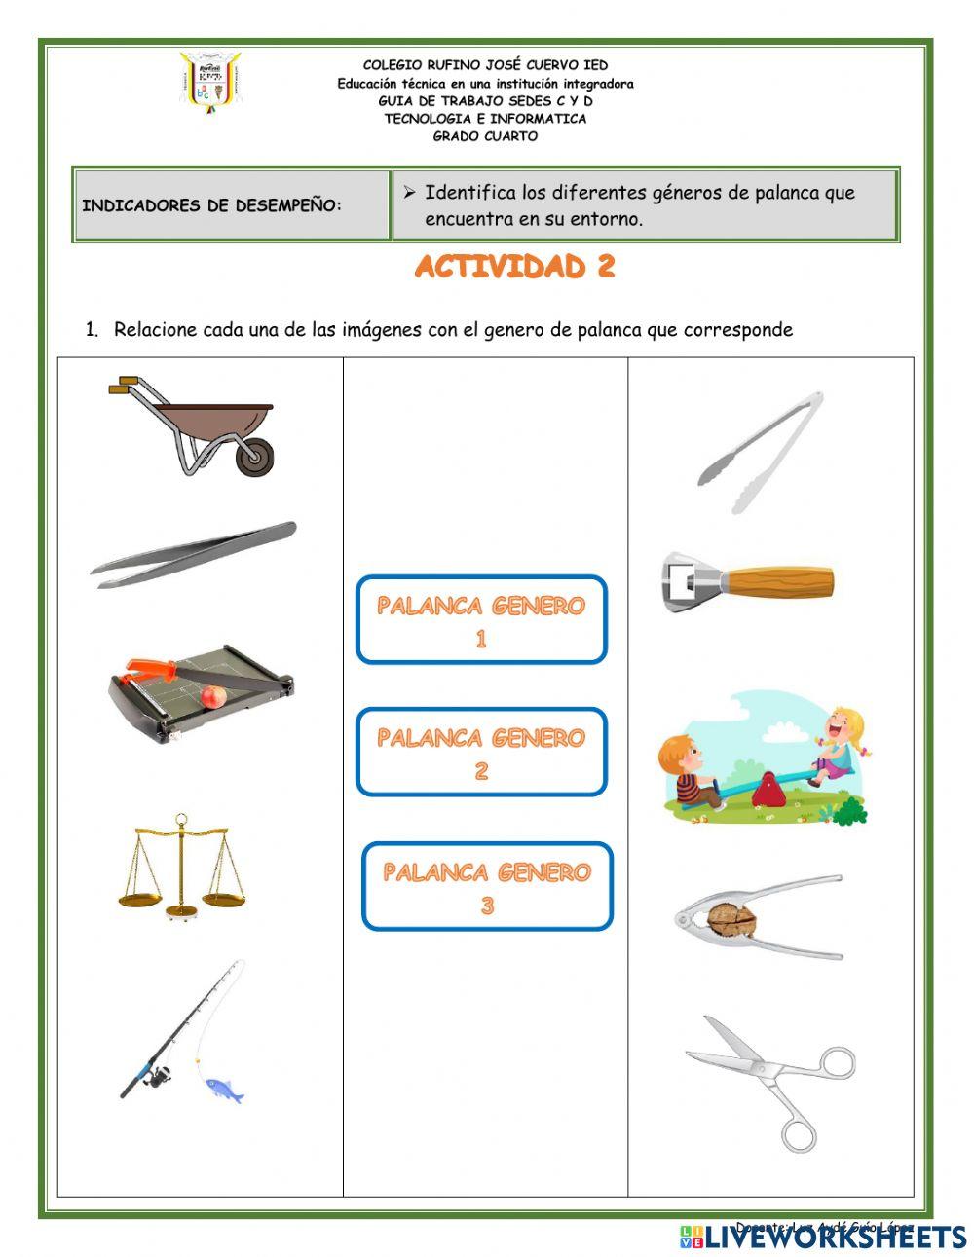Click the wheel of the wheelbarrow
254,457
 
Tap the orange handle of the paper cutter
151,670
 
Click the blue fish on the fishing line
224,1089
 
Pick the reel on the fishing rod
156,1075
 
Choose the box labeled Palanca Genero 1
481,620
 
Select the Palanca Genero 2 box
481,753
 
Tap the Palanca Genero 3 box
487,886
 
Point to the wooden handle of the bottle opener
779,582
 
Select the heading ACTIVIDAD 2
514,267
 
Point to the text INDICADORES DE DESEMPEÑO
211,206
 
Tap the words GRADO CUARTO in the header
485,136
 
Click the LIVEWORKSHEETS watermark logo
823,1237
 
